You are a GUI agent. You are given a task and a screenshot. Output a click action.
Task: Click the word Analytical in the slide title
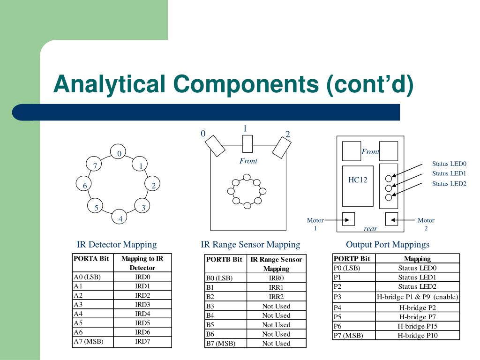[109, 85]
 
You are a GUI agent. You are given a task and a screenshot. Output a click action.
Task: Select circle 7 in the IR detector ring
[95, 166]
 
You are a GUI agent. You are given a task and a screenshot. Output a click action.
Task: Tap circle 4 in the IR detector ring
[120, 218]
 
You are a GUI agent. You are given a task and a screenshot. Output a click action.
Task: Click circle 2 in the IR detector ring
[153, 186]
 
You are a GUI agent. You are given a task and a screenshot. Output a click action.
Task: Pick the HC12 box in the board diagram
[358, 186]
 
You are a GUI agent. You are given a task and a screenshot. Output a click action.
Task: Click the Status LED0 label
[449, 164]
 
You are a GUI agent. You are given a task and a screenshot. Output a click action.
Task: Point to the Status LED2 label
[449, 184]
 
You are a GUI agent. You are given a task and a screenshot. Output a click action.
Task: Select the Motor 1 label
[315, 224]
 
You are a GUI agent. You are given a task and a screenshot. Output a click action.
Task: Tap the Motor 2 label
[426, 224]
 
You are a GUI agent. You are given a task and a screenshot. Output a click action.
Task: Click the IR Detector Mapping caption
[117, 244]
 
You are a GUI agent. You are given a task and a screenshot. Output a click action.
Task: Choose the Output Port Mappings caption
[388, 244]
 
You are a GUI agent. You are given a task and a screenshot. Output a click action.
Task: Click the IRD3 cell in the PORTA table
[142, 304]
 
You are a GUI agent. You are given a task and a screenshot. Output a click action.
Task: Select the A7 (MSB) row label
[88, 341]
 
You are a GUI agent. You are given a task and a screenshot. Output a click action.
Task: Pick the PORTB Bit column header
[224, 259]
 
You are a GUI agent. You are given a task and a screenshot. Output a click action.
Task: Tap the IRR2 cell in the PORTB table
[276, 297]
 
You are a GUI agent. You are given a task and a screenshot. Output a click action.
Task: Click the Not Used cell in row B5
[276, 324]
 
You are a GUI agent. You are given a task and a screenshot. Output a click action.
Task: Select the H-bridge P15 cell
[418, 326]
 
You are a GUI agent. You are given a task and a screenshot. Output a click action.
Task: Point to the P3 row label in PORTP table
[338, 297]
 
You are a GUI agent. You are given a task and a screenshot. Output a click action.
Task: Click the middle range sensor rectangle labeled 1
[247, 143]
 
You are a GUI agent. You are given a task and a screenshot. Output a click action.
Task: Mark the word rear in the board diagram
[370, 229]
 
